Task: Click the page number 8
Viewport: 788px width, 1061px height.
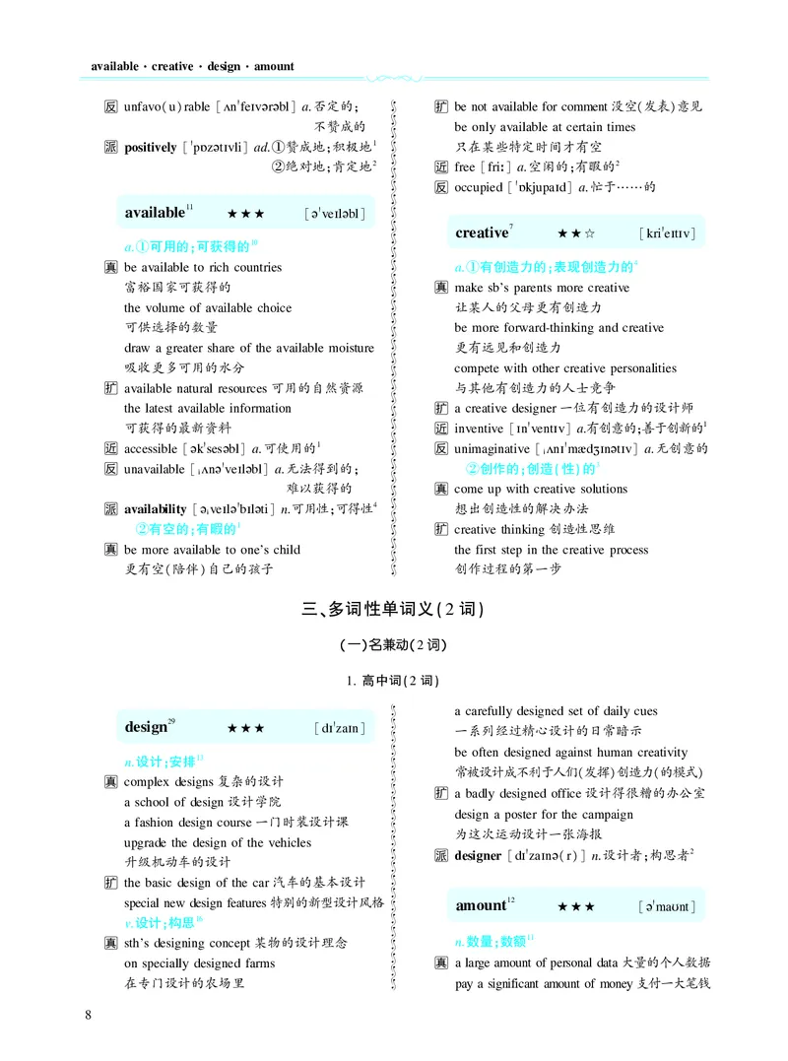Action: (90, 1016)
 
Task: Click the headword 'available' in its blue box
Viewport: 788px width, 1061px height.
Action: (155, 213)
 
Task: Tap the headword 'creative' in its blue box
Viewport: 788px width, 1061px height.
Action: (481, 233)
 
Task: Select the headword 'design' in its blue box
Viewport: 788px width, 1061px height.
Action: (146, 727)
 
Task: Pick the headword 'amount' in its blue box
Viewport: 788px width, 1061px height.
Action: (480, 905)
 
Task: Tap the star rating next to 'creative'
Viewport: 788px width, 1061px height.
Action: (575, 234)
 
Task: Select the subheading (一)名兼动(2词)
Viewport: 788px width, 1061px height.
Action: (393, 645)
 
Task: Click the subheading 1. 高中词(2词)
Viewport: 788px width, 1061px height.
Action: (393, 680)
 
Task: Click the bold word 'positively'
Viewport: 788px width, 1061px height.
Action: (151, 147)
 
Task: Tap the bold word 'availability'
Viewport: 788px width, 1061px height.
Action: (155, 508)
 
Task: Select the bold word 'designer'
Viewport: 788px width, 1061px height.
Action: (478, 855)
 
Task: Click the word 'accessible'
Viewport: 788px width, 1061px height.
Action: (151, 448)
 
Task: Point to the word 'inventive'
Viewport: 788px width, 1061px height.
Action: (478, 428)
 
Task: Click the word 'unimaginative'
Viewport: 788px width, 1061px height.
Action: (492, 448)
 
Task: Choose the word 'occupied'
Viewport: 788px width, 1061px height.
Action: (479, 186)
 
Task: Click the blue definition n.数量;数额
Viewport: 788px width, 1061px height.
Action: (493, 941)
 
